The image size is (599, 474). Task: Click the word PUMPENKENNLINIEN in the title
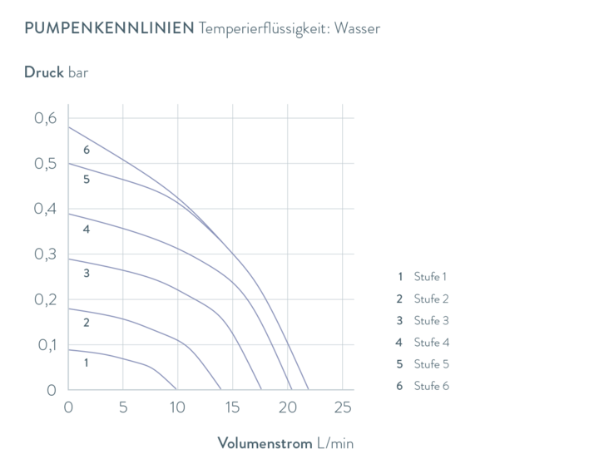pyautogui.click(x=110, y=28)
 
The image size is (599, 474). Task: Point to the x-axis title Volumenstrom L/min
pyautogui.click(x=285, y=442)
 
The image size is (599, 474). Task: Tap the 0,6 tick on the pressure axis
pyautogui.click(x=47, y=118)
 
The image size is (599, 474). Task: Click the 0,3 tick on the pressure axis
pyautogui.click(x=47, y=254)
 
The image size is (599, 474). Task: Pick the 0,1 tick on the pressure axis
pyautogui.click(x=47, y=345)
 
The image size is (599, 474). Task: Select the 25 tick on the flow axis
pyautogui.click(x=343, y=408)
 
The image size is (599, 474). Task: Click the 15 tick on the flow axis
pyautogui.click(x=234, y=408)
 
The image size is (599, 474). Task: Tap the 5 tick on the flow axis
pyautogui.click(x=124, y=408)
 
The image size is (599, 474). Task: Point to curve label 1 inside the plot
pyautogui.click(x=86, y=363)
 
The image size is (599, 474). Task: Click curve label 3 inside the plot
pyautogui.click(x=86, y=271)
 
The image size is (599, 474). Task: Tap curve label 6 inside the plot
pyautogui.click(x=86, y=151)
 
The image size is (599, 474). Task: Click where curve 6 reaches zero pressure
pyautogui.click(x=309, y=389)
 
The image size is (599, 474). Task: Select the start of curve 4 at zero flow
pyautogui.click(x=69, y=213)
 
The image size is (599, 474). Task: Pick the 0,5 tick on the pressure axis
pyautogui.click(x=47, y=164)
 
